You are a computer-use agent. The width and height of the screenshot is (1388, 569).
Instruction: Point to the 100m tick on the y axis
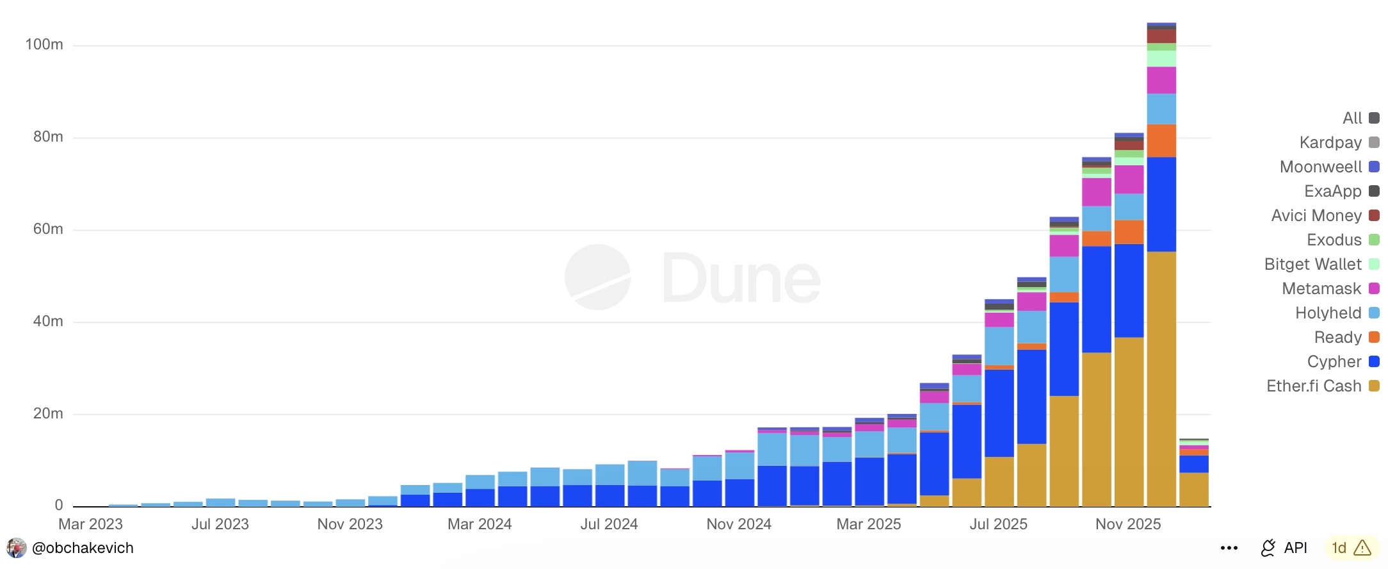coord(44,44)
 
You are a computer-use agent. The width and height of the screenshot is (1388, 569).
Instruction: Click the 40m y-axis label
coord(48,321)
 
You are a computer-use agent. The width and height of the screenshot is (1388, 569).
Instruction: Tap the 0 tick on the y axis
coord(58,505)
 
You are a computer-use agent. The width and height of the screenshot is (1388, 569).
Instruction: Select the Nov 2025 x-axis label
coord(1127,524)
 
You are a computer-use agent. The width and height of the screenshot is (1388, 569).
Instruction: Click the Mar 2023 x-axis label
coord(90,524)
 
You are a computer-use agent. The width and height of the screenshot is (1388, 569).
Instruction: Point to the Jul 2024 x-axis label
coord(609,524)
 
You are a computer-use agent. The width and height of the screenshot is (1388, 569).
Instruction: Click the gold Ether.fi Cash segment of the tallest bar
coord(1161,378)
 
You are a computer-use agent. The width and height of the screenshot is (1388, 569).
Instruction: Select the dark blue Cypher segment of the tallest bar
coord(1161,204)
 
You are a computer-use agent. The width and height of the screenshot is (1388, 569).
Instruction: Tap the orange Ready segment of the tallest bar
coord(1161,140)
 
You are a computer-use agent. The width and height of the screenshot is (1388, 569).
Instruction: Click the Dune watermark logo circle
coord(598,277)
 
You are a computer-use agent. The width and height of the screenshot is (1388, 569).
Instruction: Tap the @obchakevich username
coord(83,548)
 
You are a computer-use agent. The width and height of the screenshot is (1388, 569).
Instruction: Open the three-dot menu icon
coord(1229,548)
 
